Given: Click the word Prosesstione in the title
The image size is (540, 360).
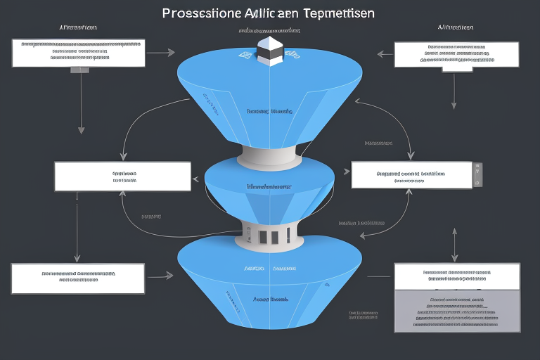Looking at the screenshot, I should click(200, 13).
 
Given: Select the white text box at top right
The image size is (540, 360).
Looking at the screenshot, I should click(456, 54).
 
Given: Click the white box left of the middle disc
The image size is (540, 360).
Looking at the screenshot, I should click(122, 176).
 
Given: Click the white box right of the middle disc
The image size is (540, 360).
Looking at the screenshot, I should click(411, 175).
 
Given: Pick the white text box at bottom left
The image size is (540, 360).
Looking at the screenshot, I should click(78, 278).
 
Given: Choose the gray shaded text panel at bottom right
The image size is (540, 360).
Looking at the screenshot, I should click(457, 311).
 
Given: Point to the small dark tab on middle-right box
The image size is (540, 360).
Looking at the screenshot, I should click(477, 175).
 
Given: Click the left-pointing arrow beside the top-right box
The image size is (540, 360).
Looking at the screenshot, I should click(383, 53).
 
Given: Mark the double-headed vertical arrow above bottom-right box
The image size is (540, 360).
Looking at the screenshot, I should click(455, 243).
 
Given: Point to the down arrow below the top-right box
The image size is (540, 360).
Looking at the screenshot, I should click(454, 91).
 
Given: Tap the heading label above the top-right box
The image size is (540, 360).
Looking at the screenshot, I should click(456, 27).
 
